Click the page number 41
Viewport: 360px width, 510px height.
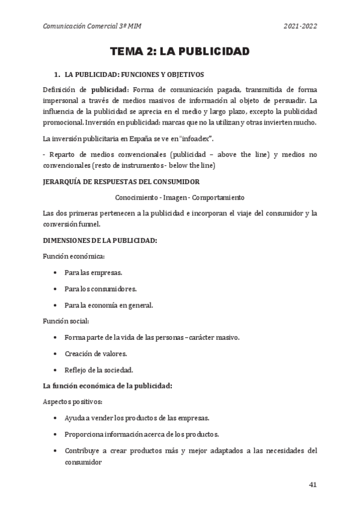coord(312,485)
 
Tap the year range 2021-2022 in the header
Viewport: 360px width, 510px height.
coord(300,26)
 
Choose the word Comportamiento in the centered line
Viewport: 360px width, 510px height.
coord(219,197)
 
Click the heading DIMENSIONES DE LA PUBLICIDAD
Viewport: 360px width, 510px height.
coord(100,241)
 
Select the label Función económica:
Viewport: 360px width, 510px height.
coord(70,256)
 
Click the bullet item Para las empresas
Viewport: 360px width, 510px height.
coord(93,272)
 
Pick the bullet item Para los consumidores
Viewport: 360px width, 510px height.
coord(100,289)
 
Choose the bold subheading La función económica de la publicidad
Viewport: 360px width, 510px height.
coord(108,386)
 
